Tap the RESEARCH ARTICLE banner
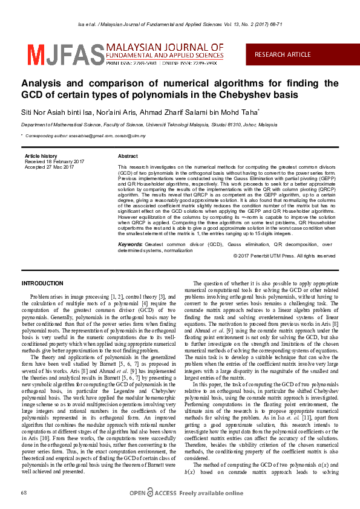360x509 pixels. click(x=283, y=54)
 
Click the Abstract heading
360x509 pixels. click(x=128, y=156)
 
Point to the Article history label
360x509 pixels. click(x=41, y=156)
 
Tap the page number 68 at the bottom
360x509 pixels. click(x=24, y=493)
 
